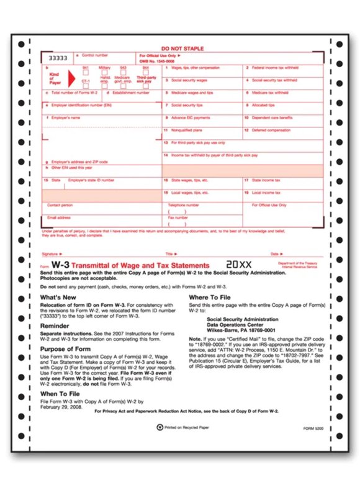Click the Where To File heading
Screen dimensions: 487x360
click(213, 298)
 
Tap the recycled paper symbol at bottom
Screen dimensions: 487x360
click(160, 428)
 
